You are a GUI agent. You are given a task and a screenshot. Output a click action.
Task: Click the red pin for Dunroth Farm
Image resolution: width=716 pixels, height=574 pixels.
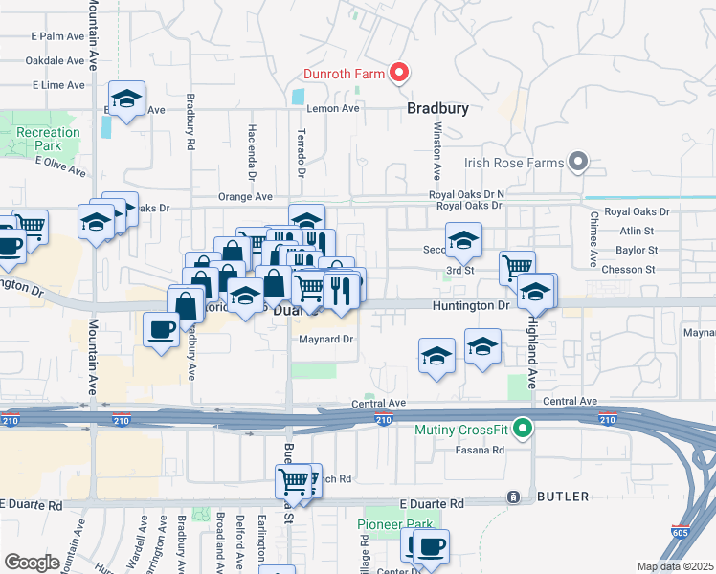pyautogui.click(x=397, y=73)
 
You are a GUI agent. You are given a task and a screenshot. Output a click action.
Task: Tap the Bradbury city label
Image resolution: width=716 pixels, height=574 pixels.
pyautogui.click(x=437, y=108)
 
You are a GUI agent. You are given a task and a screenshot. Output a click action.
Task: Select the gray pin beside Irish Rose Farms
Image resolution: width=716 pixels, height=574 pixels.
pyautogui.click(x=577, y=163)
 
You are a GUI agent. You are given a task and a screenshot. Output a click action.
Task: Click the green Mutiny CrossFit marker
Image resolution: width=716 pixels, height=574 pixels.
pyautogui.click(x=523, y=430)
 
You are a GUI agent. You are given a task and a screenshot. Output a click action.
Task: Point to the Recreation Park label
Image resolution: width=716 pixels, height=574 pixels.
pyautogui.click(x=48, y=139)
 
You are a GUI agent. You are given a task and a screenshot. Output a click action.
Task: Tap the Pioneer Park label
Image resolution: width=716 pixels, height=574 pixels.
pyautogui.click(x=394, y=524)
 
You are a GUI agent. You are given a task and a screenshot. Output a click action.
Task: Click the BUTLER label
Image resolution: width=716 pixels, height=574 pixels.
pyautogui.click(x=563, y=497)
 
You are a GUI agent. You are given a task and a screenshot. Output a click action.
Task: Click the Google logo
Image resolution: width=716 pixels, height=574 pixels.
pyautogui.click(x=32, y=562)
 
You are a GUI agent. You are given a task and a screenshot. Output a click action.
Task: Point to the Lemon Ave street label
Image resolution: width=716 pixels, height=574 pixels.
pyautogui.click(x=332, y=109)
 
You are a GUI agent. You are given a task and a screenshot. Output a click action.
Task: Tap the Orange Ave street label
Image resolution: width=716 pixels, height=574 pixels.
pyautogui.click(x=245, y=196)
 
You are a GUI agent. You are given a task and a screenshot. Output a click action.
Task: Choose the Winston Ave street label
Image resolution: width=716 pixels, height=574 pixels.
pyautogui.click(x=436, y=151)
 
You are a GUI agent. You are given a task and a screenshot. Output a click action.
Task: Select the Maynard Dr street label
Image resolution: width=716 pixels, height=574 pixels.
pyautogui.click(x=326, y=339)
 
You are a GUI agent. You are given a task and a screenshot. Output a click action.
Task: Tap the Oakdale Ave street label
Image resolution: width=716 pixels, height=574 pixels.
pyautogui.click(x=56, y=59)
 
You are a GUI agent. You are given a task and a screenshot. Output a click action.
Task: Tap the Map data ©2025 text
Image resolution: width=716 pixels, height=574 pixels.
pyautogui.click(x=674, y=566)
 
